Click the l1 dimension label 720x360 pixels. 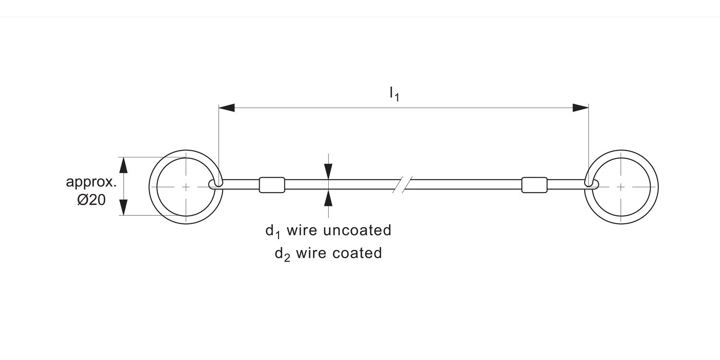tap(394, 94)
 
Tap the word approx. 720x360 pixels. tap(91, 182)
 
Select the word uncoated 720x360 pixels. tap(357, 230)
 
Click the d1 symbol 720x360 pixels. tap(273, 231)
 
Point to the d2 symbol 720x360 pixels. tap(282, 254)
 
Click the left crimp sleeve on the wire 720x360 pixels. tap(272, 185)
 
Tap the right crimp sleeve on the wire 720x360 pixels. tap(534, 185)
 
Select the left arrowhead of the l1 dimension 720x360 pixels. tap(227, 108)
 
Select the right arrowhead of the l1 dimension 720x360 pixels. tap(580, 108)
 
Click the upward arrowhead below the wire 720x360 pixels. tap(328, 198)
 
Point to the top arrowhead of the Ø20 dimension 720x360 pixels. tap(124, 165)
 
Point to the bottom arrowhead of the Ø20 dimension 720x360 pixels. tap(124, 207)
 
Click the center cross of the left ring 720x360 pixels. tap(186, 187)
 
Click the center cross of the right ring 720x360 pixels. tap(621, 187)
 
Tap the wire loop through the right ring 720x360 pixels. tap(592, 184)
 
